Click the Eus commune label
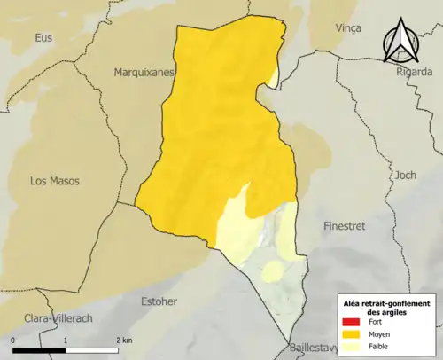[x=43, y=37]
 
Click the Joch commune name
[x=405, y=174]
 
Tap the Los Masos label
[x=54, y=180]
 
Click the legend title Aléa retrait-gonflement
[x=385, y=302]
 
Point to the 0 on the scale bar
[x=13, y=340]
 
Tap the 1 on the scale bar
[x=66, y=340]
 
